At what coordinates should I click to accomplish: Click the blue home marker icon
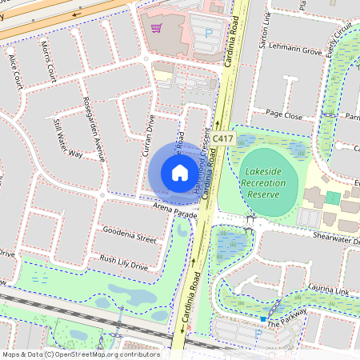click(x=179, y=172)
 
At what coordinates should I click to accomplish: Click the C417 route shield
click(x=224, y=138)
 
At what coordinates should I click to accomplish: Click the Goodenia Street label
click(x=129, y=234)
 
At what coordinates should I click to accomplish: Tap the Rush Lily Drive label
click(x=123, y=262)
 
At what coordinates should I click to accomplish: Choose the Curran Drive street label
click(x=149, y=134)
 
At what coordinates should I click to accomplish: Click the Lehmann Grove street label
click(x=294, y=50)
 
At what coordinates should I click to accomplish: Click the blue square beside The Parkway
click(x=262, y=319)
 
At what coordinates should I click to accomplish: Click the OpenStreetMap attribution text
click(x=80, y=354)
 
